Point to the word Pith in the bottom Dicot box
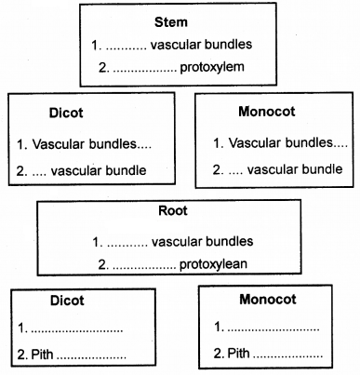[x=44, y=355]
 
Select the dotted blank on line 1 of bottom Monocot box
[x=273, y=328]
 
